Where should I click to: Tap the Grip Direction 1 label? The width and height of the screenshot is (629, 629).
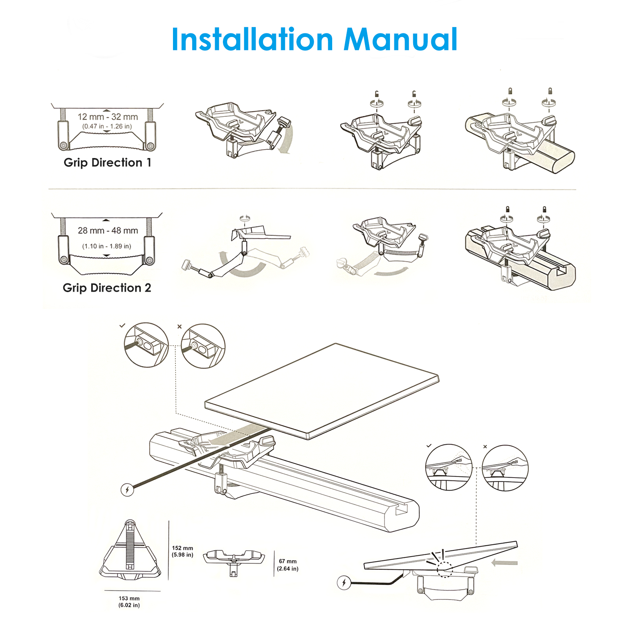tap(107, 162)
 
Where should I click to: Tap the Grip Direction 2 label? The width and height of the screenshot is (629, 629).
tap(107, 288)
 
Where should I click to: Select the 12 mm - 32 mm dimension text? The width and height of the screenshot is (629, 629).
tap(108, 117)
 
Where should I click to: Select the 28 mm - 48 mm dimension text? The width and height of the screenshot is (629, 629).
tap(108, 230)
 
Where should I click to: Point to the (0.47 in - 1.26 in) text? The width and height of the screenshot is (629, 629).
tap(107, 126)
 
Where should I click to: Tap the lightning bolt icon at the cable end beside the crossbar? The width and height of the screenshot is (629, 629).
tap(127, 490)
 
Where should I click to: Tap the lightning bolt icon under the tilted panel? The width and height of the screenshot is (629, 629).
tap(344, 582)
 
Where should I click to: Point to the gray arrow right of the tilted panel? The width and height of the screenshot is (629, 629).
tap(505, 563)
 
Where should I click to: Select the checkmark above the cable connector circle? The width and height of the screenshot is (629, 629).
tap(122, 326)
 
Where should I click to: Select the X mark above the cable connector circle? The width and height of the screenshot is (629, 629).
tap(180, 326)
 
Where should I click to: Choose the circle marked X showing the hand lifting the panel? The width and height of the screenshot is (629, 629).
tap(505, 468)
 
